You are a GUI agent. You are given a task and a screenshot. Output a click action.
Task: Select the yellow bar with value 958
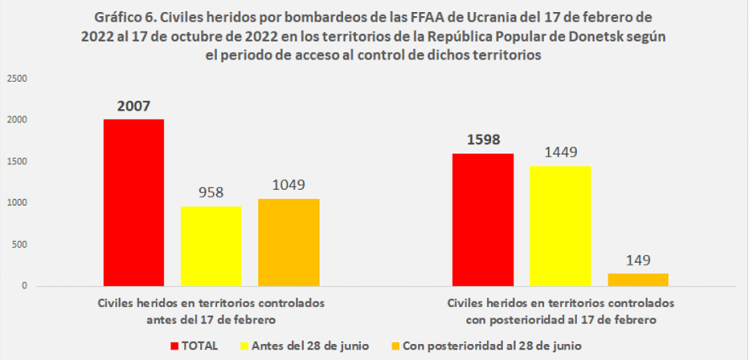pos(211,246)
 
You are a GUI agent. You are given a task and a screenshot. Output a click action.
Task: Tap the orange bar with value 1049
pos(289,243)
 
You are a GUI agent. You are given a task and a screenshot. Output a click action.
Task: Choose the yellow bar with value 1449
pos(560,226)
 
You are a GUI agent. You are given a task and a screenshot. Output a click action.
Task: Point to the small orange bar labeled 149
pos(638,279)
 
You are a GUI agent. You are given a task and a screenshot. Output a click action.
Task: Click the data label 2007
pos(134,106)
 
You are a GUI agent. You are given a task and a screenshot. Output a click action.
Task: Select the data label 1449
pos(560,153)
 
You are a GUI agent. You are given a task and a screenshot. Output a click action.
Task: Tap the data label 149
pos(638,260)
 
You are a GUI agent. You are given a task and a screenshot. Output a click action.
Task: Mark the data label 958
pos(211,193)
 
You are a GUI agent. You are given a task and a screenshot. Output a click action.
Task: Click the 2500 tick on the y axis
pos(18,78)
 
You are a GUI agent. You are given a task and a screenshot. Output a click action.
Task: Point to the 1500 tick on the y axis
pos(18,162)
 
